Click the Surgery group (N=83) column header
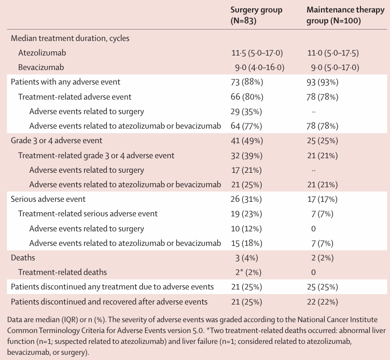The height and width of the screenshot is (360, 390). tap(256, 15)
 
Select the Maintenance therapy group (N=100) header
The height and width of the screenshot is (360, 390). tap(345, 15)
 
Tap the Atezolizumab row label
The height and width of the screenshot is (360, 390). tap(42, 53)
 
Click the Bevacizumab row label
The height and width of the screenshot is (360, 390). tap(41, 67)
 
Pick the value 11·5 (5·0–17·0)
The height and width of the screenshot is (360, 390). tap(257, 53)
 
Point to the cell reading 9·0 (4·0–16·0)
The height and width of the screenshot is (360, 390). tap(260, 67)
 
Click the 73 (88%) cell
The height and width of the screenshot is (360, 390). tap(247, 82)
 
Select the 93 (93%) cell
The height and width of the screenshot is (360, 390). tap(323, 82)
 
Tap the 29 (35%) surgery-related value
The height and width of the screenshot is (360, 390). tap(246, 112)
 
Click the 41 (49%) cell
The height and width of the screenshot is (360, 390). tap(247, 141)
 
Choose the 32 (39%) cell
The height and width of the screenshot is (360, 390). tap(246, 156)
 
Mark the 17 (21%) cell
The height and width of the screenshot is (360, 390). tap(246, 170)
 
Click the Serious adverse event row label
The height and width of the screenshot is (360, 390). tap(48, 199)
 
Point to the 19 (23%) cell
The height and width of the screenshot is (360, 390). tap(246, 214)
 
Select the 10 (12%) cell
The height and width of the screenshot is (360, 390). tap(246, 229)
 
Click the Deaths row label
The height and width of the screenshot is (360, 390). tap(23, 258)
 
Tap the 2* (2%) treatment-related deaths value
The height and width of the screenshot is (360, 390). tap(248, 272)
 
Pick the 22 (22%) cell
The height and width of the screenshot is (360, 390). tap(323, 302)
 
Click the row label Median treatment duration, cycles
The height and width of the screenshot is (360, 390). tap(70, 38)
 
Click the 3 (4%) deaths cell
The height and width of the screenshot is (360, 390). tap(246, 258)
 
